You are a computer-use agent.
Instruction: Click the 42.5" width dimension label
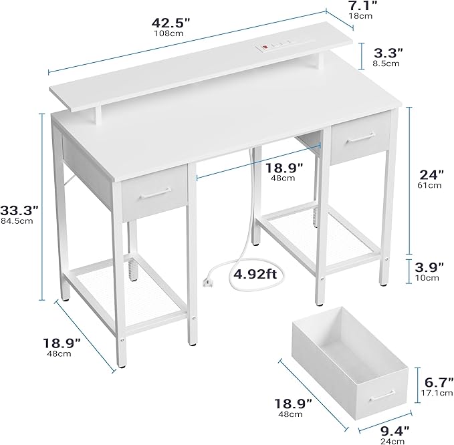point(171,23)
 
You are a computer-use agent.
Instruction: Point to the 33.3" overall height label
point(19,210)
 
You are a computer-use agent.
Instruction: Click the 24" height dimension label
point(432,175)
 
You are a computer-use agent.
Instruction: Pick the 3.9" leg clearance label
point(429,267)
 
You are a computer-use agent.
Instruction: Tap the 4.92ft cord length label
point(255,273)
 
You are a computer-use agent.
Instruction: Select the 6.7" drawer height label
point(439,382)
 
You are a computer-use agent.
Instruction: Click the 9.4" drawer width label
point(395,431)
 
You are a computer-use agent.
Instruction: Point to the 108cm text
point(168,33)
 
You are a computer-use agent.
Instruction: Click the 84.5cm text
point(17,221)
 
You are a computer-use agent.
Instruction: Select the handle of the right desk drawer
point(361,138)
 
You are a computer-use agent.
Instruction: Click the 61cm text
point(429,186)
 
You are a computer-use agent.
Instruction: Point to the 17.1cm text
point(437,393)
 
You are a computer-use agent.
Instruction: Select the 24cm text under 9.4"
point(392,442)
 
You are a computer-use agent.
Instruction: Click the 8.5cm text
point(386,63)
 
